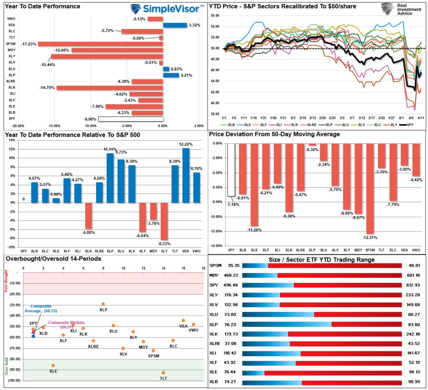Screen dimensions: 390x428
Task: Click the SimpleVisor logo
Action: point(168,9)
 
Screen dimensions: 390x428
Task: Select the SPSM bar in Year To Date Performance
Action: point(100,44)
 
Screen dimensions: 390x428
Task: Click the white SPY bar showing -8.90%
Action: point(130,119)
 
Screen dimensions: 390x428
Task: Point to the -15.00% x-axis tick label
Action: point(54,126)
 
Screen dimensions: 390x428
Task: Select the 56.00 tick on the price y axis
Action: point(214,15)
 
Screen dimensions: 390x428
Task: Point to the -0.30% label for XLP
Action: point(312,150)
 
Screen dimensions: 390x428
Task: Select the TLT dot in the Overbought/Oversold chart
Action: point(163,372)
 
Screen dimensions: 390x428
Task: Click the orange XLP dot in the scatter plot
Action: point(103,304)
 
